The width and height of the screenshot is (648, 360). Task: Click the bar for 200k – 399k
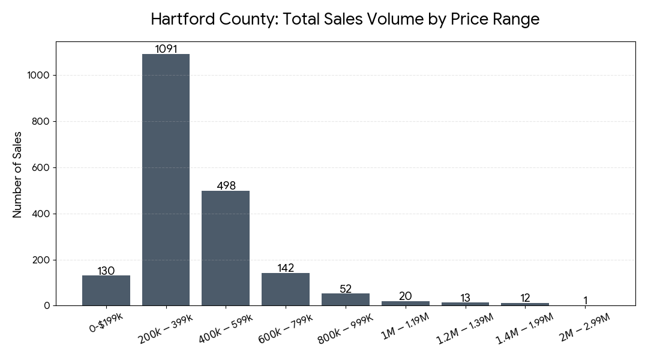(166, 180)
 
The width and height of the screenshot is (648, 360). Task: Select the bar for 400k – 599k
(226, 248)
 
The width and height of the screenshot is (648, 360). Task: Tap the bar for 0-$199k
(106, 291)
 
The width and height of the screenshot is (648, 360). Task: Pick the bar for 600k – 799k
(286, 289)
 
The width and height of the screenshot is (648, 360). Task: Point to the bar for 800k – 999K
(346, 299)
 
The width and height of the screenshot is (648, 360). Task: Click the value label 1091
(166, 49)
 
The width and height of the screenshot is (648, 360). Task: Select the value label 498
(226, 186)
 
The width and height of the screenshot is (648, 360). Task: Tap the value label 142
(286, 268)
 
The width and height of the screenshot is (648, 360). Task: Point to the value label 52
(346, 289)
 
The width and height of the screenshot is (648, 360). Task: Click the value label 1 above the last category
(585, 301)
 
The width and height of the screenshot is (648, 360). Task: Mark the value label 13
(466, 298)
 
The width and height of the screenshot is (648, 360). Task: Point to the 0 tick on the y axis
(47, 306)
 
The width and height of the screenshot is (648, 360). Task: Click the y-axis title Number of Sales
(17, 174)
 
